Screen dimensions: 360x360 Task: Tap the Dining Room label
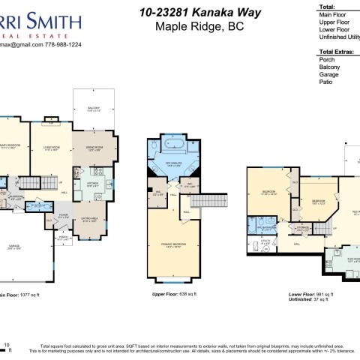[94, 149]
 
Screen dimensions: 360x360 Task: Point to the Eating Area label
[89, 220]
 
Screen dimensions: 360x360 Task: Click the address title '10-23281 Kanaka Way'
[181, 13]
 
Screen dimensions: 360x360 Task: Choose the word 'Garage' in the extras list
[328, 74]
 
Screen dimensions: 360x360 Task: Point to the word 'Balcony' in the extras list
[329, 67]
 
